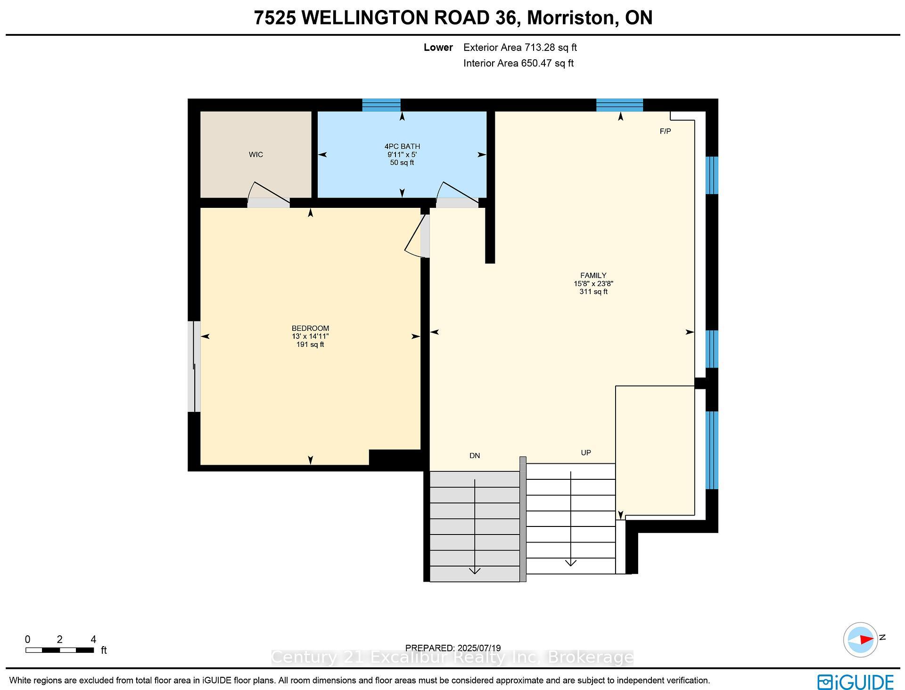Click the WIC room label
click(256, 155)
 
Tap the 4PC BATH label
click(402, 147)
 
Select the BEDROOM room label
click(310, 329)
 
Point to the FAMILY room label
click(593, 276)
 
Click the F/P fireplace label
click(665, 131)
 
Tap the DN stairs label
click(475, 456)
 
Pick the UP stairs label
click(586, 453)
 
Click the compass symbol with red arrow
click(861, 640)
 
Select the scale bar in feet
click(60, 650)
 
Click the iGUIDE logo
click(856, 682)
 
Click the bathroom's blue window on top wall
click(381, 105)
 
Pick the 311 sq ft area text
click(593, 292)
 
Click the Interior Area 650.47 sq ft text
click(518, 63)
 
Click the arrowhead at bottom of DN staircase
click(475, 571)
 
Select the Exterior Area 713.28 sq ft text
click(520, 48)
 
